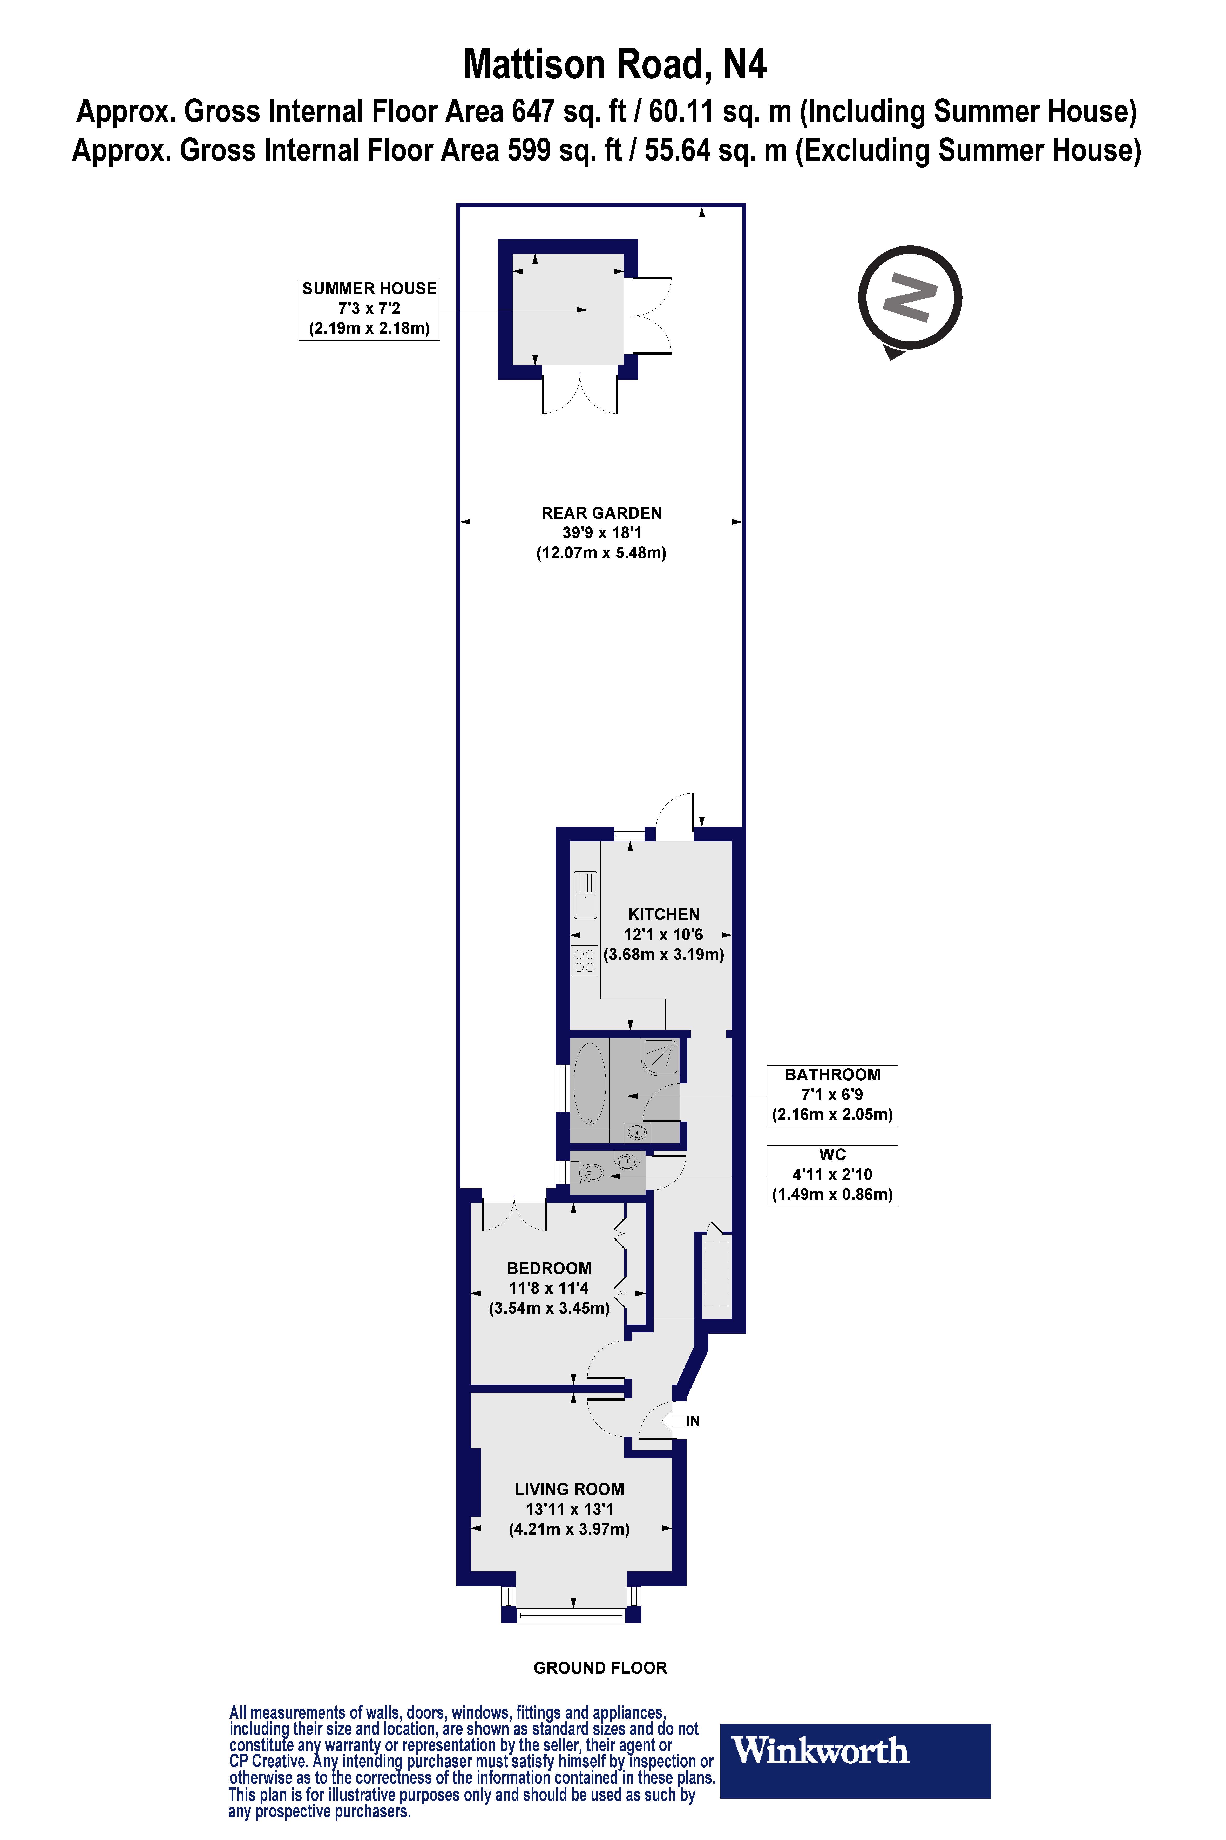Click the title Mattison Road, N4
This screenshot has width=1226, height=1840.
(x=615, y=65)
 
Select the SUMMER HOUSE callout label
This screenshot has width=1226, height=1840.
(x=369, y=309)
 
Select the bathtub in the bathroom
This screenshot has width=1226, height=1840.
(x=590, y=1083)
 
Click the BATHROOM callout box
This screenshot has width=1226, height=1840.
(x=832, y=1095)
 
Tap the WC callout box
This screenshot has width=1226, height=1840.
(x=832, y=1175)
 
